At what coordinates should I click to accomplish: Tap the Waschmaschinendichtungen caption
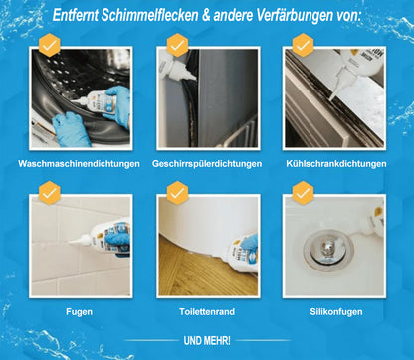(79, 163)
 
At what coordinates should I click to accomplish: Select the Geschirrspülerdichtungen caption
(206, 163)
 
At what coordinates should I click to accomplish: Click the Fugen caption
(79, 311)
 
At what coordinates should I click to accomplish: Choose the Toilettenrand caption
(206, 311)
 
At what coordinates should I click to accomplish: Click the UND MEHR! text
(206, 338)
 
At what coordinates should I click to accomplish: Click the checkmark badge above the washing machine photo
(49, 44)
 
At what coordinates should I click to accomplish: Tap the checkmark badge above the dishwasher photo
(177, 44)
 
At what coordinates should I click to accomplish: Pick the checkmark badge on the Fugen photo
(49, 191)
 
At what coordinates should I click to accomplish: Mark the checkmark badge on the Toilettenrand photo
(177, 191)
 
